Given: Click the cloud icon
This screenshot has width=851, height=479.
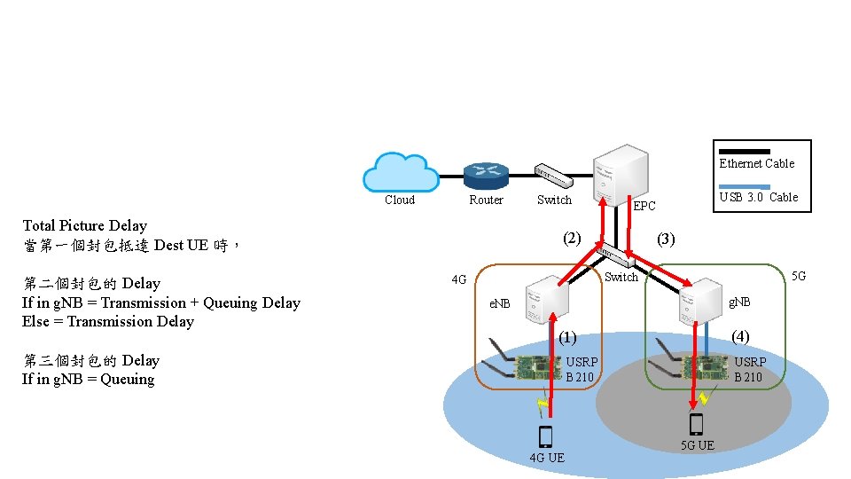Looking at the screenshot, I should (402, 171).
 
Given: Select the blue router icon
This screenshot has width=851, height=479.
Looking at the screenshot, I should (486, 175).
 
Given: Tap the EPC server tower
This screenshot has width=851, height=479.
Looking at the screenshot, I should (618, 174).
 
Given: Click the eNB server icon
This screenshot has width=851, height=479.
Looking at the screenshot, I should (545, 299).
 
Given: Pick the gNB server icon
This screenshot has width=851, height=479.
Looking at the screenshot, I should (700, 302).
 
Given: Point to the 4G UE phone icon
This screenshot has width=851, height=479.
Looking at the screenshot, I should (545, 436).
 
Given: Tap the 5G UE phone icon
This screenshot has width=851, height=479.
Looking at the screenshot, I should (697, 424).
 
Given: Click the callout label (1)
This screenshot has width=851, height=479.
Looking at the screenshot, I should (567, 337).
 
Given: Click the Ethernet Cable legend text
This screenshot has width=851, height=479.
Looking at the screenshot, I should (756, 163).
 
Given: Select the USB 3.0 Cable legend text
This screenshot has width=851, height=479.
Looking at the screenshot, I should (758, 197).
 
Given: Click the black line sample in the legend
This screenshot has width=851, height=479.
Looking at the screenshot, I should (744, 151).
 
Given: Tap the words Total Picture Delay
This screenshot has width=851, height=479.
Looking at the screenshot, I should (84, 226).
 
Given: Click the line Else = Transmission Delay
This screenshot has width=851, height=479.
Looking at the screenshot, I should (107, 322).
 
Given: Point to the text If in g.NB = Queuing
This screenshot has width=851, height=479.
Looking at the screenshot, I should (88, 380).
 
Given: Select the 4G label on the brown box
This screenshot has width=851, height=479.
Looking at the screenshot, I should (458, 280).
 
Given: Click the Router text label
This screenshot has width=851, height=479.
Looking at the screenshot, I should (486, 200).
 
